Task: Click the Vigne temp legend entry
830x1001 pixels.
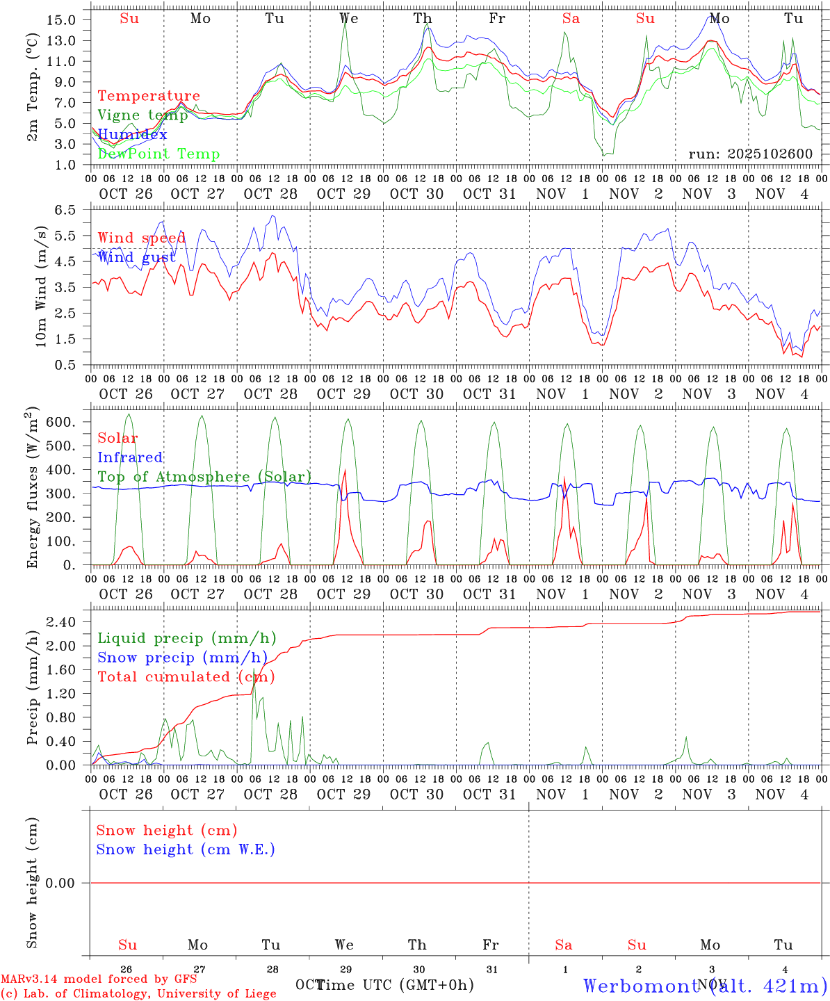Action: pyautogui.click(x=143, y=115)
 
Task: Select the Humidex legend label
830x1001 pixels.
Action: pyautogui.click(x=132, y=134)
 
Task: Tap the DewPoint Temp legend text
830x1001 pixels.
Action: pyautogui.click(x=158, y=154)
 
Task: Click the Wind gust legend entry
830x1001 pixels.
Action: pyautogui.click(x=136, y=257)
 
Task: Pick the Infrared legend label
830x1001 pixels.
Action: pyautogui.click(x=130, y=457)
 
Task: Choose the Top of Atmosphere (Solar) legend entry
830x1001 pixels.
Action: pyautogui.click(x=204, y=477)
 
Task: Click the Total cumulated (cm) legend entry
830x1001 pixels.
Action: pyautogui.click(x=186, y=676)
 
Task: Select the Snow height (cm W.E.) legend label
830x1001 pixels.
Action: pyautogui.click(x=186, y=849)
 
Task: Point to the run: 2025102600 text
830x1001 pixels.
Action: pyautogui.click(x=750, y=154)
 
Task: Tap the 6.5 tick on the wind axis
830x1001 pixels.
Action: pyautogui.click(x=67, y=209)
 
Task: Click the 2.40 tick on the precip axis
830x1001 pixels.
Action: pyautogui.click(x=61, y=622)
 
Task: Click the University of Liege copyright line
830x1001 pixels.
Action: pyautogui.click(x=139, y=993)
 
